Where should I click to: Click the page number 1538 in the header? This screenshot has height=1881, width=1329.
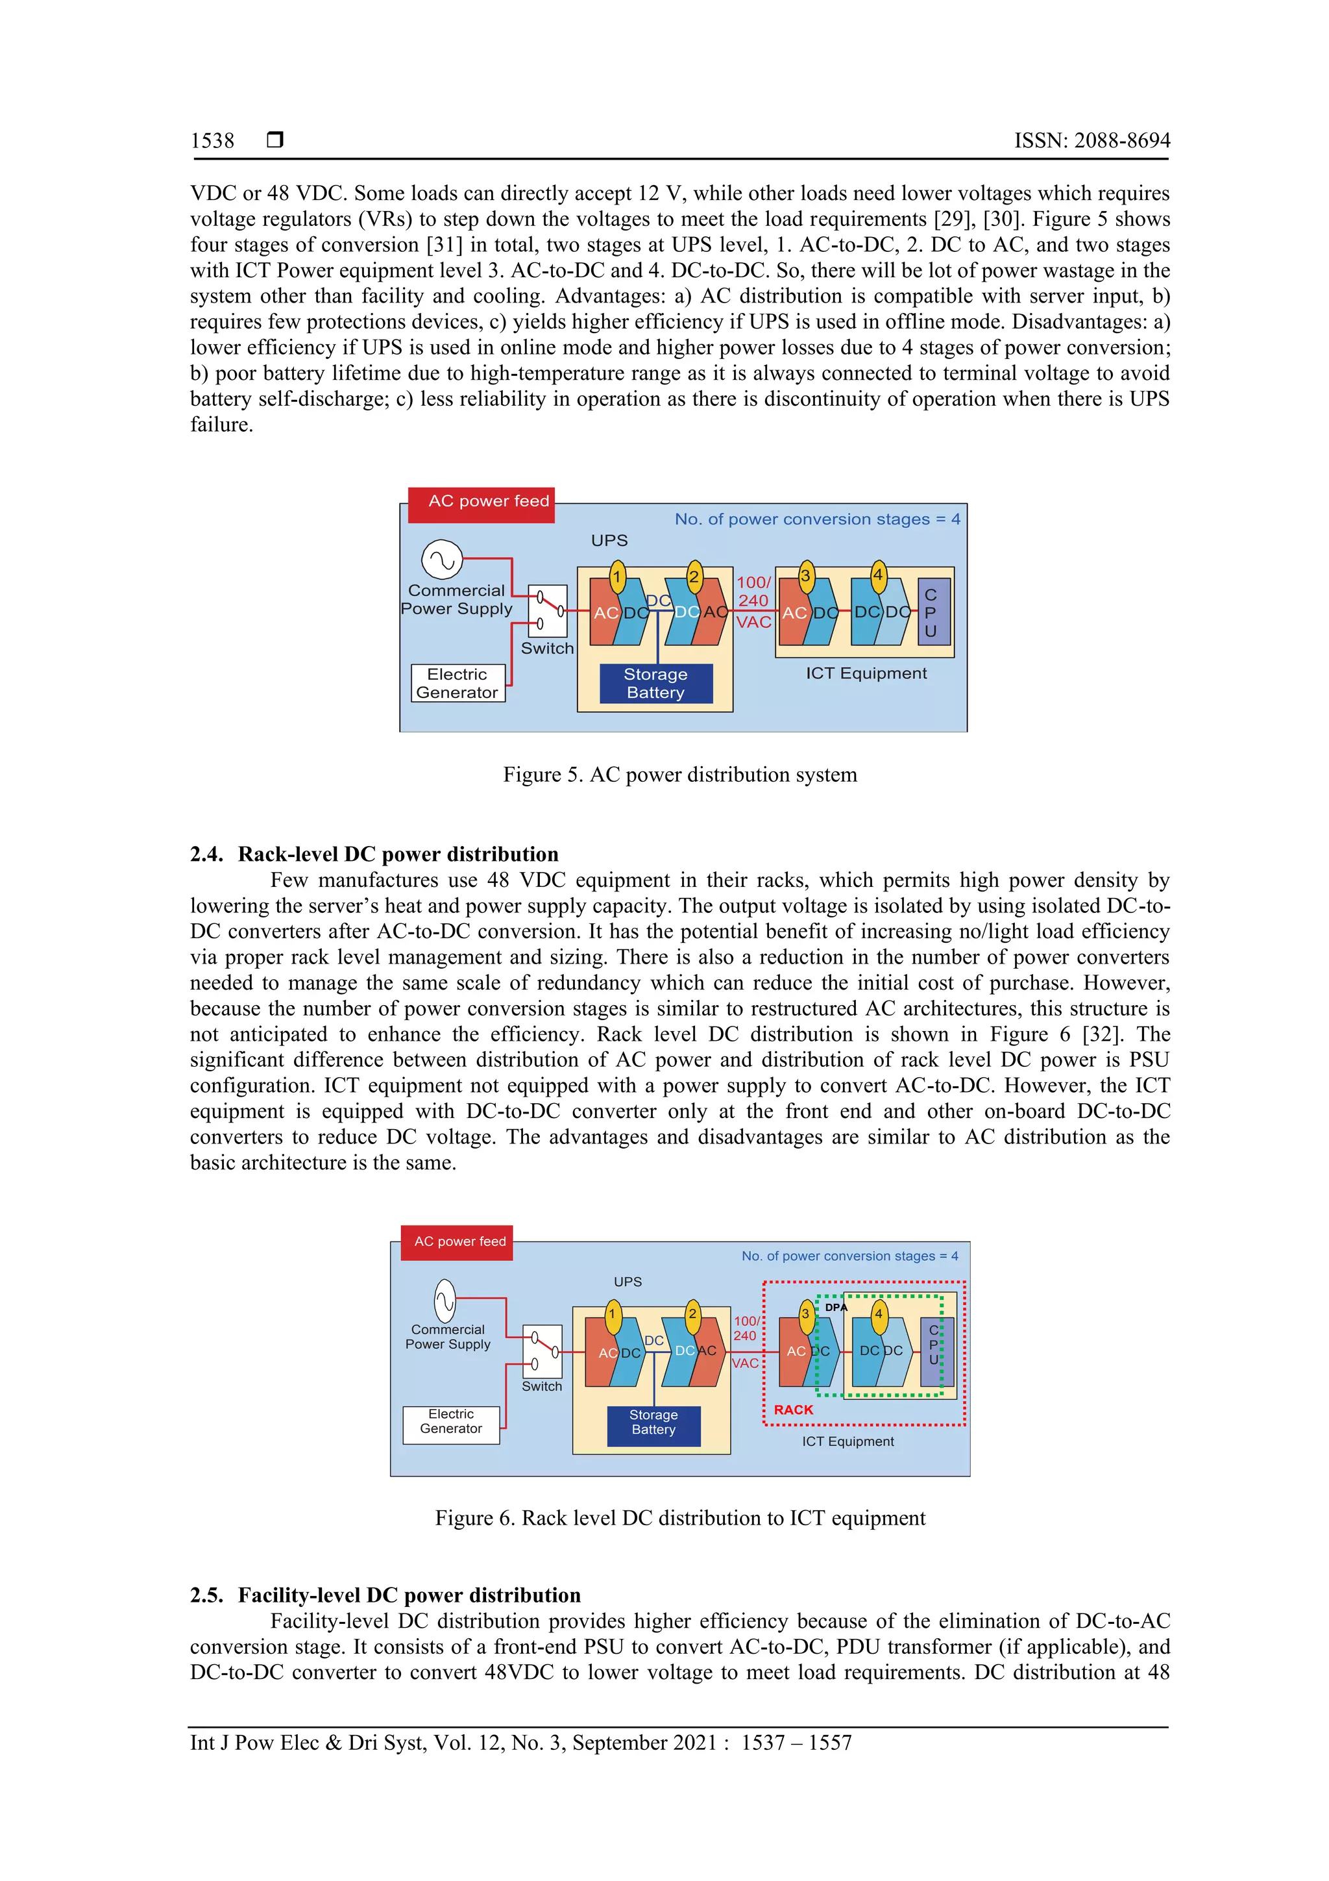coord(212,141)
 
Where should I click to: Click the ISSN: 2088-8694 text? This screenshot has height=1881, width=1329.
coord(1091,141)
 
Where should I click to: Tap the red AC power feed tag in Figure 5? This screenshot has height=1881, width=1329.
coord(482,501)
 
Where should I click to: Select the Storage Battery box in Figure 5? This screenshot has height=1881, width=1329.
coord(656,683)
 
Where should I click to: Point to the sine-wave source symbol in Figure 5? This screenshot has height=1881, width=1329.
coord(442,560)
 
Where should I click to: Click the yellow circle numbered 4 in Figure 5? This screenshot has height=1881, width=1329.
coord(878,575)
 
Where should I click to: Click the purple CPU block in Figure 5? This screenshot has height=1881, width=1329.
coord(931,613)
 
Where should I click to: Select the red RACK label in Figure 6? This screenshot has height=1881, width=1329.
coord(794,1409)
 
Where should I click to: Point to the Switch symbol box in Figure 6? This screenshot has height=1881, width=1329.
coord(542,1351)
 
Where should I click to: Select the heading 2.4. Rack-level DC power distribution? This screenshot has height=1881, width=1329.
coord(374,854)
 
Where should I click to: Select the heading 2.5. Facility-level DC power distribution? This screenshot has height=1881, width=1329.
coord(385,1595)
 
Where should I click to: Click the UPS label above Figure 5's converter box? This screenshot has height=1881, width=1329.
coord(609,541)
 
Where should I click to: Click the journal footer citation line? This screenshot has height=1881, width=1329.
coord(521,1743)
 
